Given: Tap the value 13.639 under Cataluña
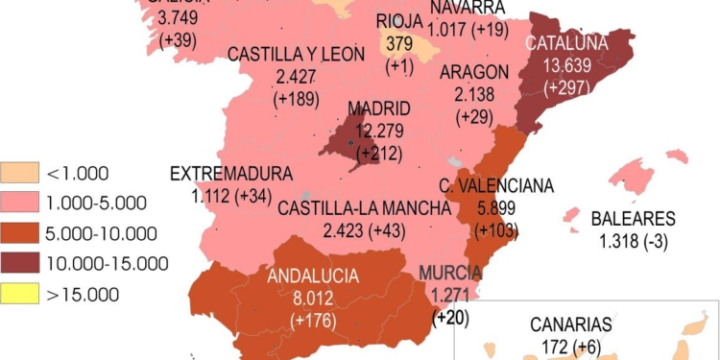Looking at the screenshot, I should (x=565, y=65).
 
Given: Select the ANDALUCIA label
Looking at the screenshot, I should (x=314, y=276).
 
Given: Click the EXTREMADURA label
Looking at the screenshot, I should (x=230, y=174).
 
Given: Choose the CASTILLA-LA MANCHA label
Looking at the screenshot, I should (x=364, y=207).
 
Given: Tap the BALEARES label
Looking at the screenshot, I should (x=634, y=219).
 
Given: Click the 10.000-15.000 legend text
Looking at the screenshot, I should (x=108, y=263).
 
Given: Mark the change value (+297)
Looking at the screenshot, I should (x=565, y=87).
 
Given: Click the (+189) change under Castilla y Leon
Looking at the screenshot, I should (x=298, y=98).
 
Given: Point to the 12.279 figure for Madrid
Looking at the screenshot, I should (x=379, y=130).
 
